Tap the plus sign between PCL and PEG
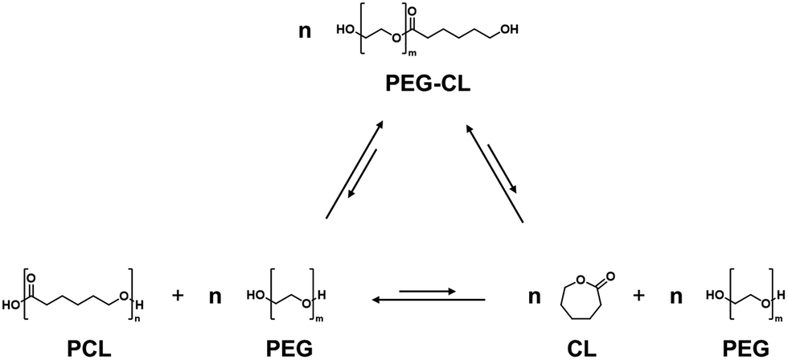point(178,296)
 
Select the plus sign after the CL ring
point(639,296)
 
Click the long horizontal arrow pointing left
point(428,301)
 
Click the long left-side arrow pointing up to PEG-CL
point(353,169)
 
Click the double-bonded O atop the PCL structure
point(32,278)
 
